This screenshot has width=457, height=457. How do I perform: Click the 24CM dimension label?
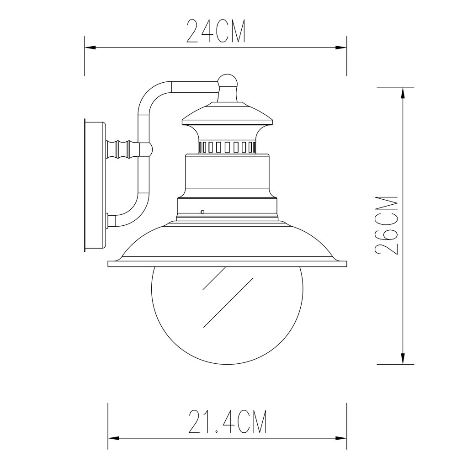216,32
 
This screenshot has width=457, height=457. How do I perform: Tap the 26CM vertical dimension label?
387,225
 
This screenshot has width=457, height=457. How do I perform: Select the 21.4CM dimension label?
227,421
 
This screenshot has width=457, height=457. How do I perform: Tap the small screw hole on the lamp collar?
202,212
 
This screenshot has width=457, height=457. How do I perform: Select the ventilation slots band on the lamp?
227,147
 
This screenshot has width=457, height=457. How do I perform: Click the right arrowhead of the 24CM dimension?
341,48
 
